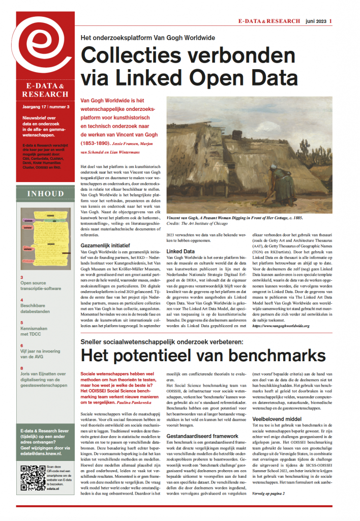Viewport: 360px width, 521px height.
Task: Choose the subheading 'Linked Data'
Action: tap(181, 251)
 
